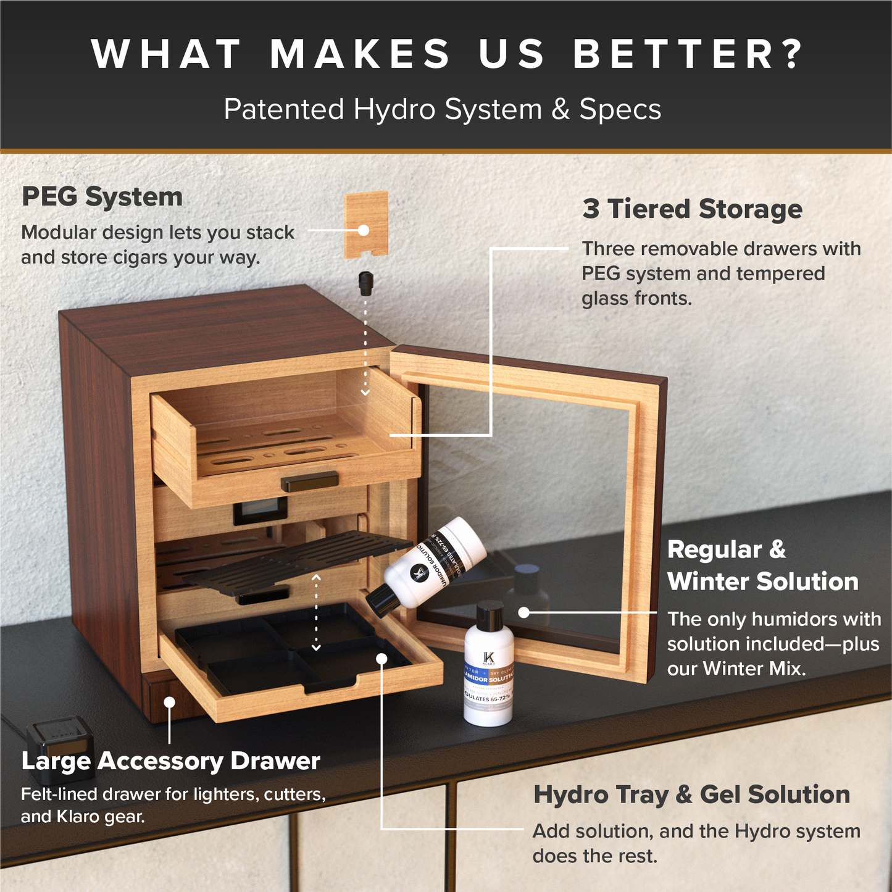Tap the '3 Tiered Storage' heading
coord(692,209)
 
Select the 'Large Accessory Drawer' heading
coord(170,761)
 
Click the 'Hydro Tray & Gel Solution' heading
coord(691,794)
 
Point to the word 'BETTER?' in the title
coord(688,54)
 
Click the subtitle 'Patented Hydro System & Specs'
coord(442,109)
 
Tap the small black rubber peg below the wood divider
coord(366,283)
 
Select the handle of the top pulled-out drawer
coord(310,481)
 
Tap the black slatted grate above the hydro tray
coord(296,559)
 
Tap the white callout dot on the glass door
coord(524,612)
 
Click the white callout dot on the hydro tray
coord(382,659)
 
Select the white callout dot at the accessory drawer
coord(170,702)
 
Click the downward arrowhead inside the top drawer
coord(365,392)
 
